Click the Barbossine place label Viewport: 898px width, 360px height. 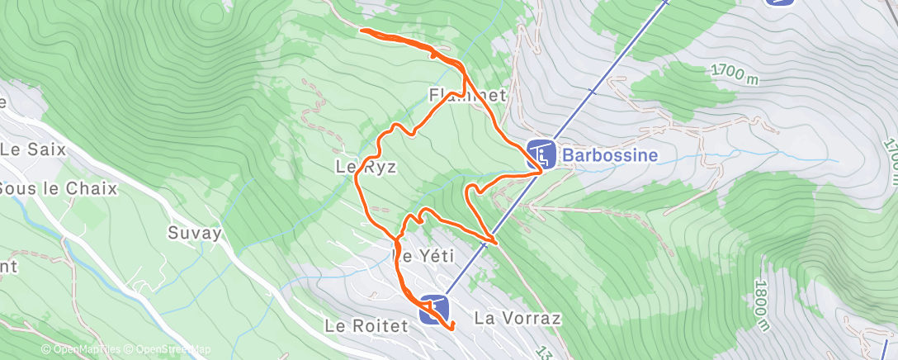click(x=610, y=154)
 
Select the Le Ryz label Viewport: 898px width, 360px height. click(x=366, y=167)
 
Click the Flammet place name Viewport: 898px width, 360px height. click(x=467, y=96)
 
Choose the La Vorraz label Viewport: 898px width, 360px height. click(x=518, y=318)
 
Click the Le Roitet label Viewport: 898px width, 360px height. click(x=366, y=326)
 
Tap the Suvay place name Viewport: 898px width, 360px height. click(x=195, y=232)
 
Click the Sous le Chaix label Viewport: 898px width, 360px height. click(x=58, y=188)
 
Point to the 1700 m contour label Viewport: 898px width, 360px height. click(x=734, y=75)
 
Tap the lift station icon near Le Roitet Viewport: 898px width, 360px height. click(x=433, y=310)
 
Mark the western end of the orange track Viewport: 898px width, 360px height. click(x=362, y=31)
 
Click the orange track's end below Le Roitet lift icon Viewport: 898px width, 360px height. click(x=453, y=329)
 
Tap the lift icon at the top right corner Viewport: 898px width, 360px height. click(x=780, y=2)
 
